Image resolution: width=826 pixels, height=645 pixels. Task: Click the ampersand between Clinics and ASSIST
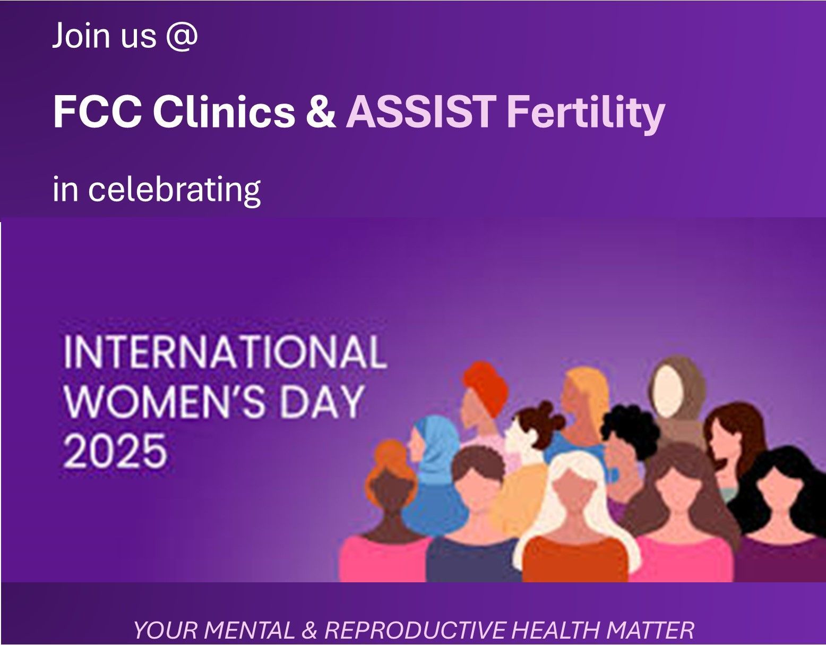321,112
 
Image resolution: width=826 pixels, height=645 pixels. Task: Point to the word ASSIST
421,112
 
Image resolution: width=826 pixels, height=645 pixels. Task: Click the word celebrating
175,189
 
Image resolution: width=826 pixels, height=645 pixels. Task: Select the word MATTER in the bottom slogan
650,630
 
